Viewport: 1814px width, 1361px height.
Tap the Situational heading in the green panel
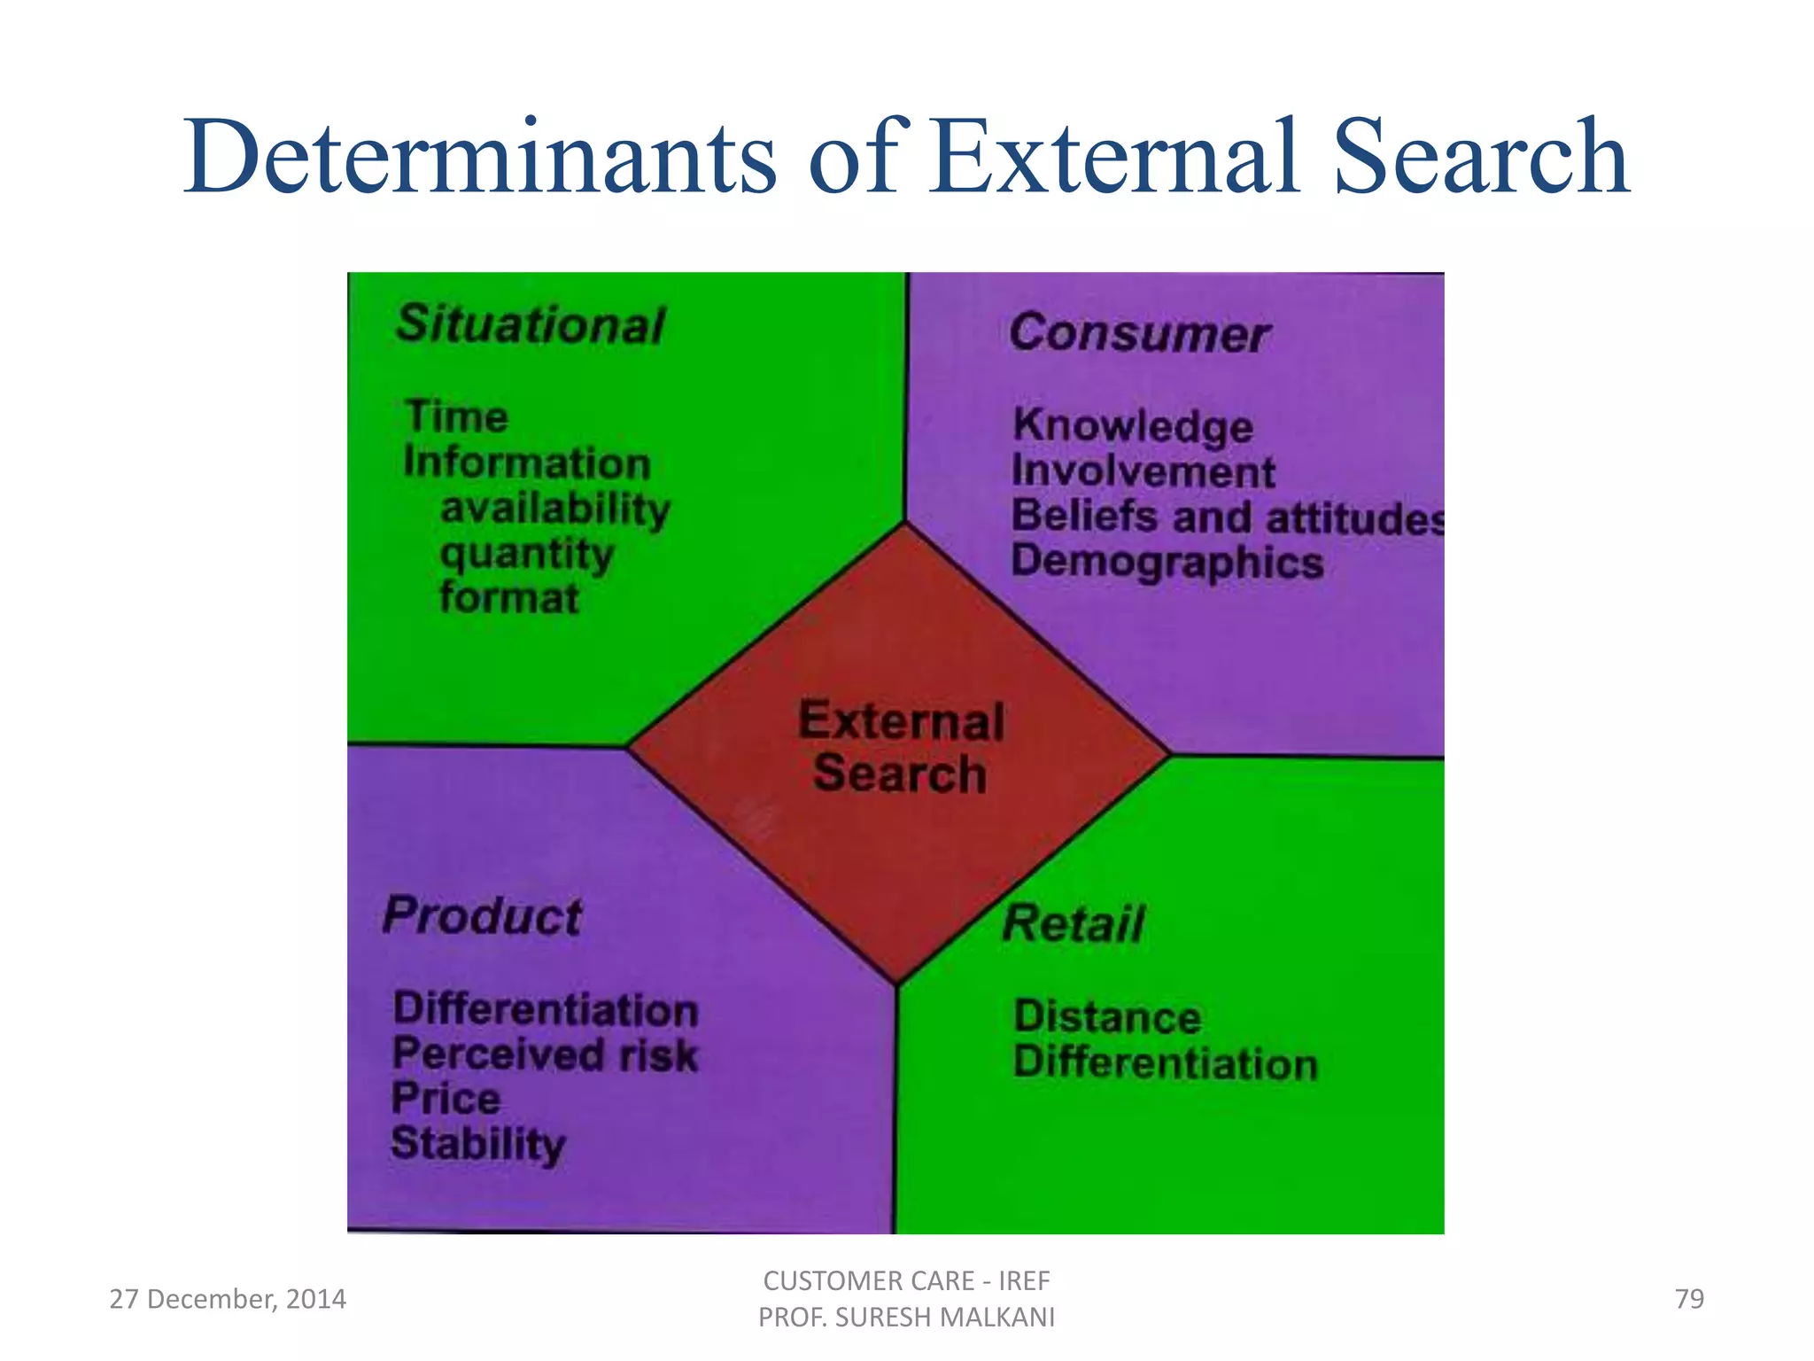(531, 324)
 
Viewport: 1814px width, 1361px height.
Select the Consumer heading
(1140, 334)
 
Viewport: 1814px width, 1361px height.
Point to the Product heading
(483, 916)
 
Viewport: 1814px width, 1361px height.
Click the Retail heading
(1074, 924)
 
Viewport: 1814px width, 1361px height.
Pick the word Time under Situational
(456, 417)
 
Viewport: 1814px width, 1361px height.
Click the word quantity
(527, 556)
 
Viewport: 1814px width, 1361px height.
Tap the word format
(509, 598)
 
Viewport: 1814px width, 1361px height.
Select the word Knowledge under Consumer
(1133, 426)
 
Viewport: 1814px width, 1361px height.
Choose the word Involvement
(1143, 471)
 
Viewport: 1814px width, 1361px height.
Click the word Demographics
(1167, 563)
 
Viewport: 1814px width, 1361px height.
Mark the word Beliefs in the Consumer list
(1084, 517)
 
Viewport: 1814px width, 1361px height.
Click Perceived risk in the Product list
(545, 1055)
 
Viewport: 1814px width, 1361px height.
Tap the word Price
(446, 1100)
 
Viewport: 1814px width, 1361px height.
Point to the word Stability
(478, 1145)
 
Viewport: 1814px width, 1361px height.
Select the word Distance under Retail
(1107, 1017)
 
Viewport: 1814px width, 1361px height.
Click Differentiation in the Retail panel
(1166, 1063)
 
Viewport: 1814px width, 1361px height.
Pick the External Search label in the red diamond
(901, 747)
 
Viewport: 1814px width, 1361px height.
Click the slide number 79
(1689, 1299)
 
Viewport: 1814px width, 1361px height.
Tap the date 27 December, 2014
(228, 1299)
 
